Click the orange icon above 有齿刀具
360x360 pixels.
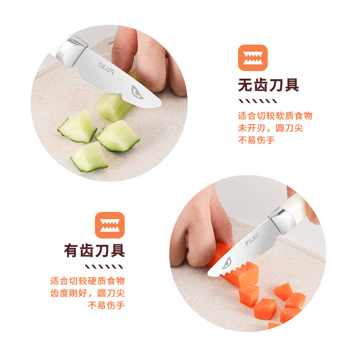coord(109,225)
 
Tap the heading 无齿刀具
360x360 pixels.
coord(268,85)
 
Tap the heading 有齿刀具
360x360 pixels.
coord(94,250)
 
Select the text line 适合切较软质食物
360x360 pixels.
coord(275,116)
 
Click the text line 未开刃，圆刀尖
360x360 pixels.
coord(270,128)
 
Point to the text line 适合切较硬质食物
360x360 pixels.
coord(87,281)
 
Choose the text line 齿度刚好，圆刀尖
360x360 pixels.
coord(87,293)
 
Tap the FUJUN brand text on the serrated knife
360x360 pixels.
coord(252,243)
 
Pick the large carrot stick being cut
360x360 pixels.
coord(238,265)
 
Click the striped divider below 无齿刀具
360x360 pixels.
coord(252,101)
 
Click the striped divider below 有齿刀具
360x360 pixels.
coord(109,266)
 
